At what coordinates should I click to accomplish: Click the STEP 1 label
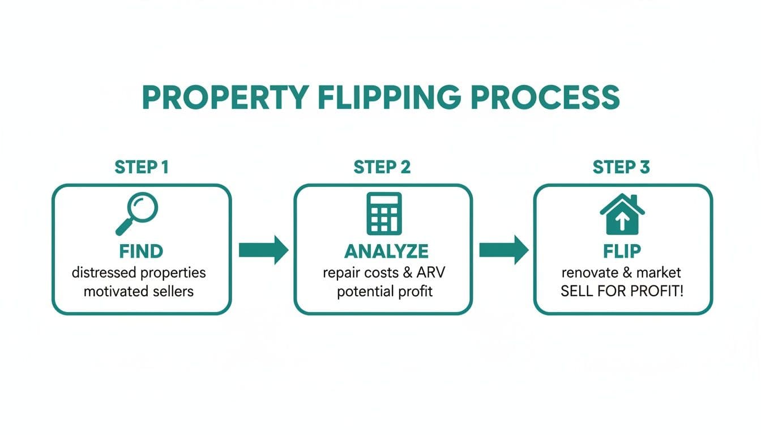pyautogui.click(x=142, y=167)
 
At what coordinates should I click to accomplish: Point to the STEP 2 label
pyautogui.click(x=382, y=167)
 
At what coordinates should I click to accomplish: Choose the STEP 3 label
pyautogui.click(x=621, y=167)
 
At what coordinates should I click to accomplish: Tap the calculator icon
pyautogui.click(x=384, y=214)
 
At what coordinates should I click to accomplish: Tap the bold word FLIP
pyautogui.click(x=621, y=251)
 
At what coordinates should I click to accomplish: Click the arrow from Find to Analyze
pyautogui.click(x=263, y=250)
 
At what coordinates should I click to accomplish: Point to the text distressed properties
pyautogui.click(x=139, y=272)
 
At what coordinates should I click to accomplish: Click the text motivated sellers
pyautogui.click(x=139, y=292)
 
